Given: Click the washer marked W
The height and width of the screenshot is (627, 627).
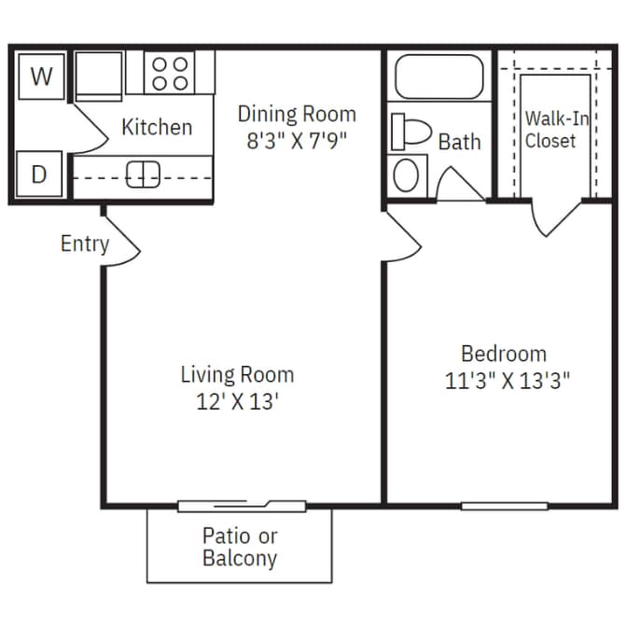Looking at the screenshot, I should click(40, 76).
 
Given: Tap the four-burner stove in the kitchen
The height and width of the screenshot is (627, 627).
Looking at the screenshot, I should click(170, 73).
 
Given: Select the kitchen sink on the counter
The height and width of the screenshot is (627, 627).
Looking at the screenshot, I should click(144, 174).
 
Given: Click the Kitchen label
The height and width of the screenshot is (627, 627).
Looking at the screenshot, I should click(157, 127).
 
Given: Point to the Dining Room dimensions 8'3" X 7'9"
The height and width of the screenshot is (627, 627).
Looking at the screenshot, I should click(297, 144).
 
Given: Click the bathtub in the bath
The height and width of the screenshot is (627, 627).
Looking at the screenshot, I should click(439, 77).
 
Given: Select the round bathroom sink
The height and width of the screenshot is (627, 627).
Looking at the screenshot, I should click(406, 174).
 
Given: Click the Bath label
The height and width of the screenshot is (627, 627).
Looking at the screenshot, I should click(459, 142).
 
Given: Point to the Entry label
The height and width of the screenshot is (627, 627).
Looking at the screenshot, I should click(84, 244).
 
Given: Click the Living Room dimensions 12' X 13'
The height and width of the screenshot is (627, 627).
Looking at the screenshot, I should click(237, 403).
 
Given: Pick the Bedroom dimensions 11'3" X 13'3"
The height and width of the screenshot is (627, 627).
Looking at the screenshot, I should click(504, 381).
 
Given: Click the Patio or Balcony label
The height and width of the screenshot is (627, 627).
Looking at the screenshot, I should click(240, 548).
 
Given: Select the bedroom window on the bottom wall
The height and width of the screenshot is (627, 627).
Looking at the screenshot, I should click(504, 507).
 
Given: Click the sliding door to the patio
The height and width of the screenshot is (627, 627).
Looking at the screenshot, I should click(242, 506).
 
